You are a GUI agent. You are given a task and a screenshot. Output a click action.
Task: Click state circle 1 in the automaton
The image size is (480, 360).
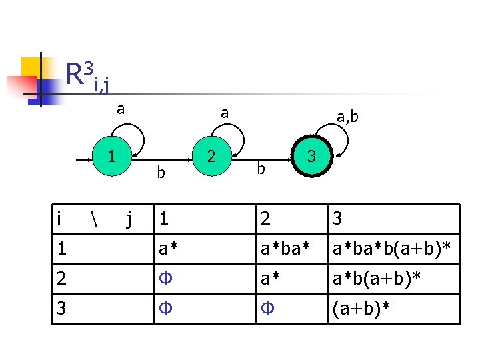111,158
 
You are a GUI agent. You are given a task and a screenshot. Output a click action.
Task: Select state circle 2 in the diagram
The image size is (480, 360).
211,158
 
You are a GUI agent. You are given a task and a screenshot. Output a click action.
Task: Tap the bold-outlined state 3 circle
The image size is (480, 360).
311,158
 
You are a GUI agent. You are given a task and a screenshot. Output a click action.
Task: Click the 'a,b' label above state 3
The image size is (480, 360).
347,117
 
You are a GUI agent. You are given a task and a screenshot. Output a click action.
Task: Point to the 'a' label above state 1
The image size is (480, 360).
120,109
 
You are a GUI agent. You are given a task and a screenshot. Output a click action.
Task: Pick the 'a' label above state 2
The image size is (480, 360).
224,113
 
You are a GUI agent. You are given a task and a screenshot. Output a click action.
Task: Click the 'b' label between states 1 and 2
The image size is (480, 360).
160,173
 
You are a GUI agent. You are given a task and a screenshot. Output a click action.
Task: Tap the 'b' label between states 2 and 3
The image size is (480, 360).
261,169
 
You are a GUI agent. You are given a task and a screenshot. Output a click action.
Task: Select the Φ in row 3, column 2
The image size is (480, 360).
266,309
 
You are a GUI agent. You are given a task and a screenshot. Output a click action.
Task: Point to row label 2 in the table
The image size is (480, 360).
61,279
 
